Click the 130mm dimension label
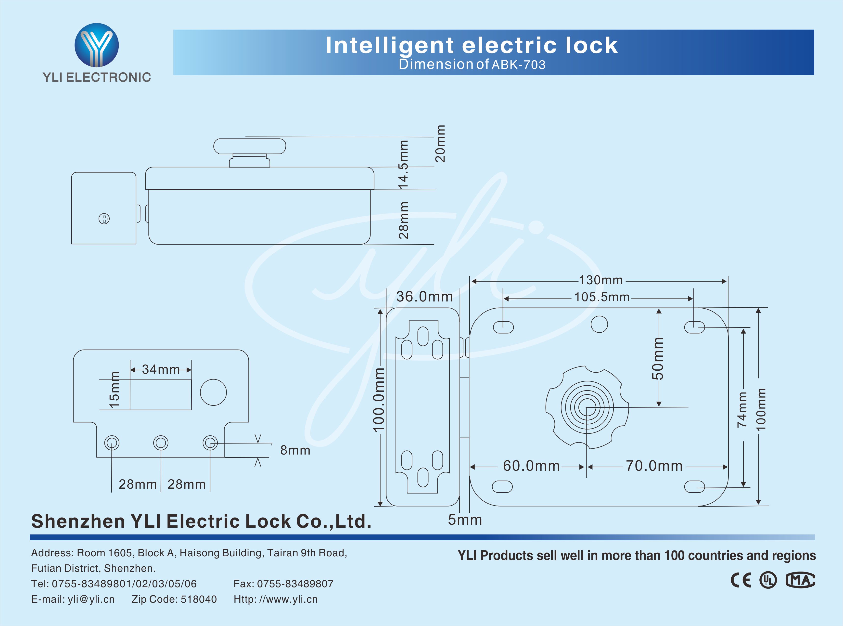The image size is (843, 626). point(601,280)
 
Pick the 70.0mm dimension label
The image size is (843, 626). point(654,466)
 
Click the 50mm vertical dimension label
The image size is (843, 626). point(658,358)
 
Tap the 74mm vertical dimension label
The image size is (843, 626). point(742,410)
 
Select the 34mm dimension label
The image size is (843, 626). point(161,369)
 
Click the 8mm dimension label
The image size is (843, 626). point(295,450)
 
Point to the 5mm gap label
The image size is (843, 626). point(465,520)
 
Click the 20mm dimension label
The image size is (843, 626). point(440,143)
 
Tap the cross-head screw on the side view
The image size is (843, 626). point(104,219)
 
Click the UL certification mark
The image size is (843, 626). point(768,580)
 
